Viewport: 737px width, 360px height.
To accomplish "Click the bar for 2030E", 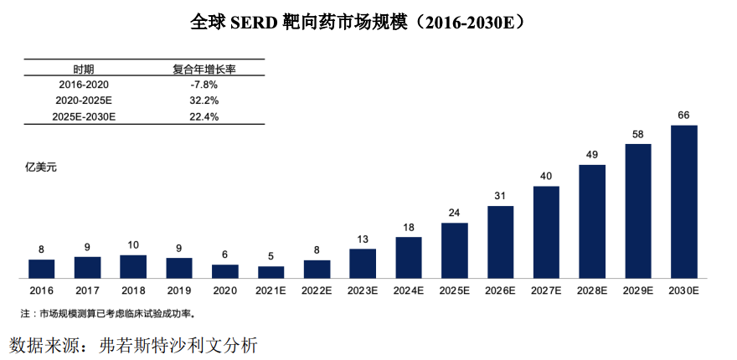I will pos(683,202).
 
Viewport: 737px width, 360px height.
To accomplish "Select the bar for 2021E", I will pos(271,272).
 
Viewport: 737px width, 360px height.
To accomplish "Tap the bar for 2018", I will pos(133,266).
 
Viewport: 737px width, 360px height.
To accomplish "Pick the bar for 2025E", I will pos(454,250).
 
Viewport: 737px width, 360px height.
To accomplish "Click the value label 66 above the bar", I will pos(683,116).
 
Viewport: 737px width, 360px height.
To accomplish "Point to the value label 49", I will pos(591,154).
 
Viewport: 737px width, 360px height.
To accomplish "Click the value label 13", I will pos(363,239).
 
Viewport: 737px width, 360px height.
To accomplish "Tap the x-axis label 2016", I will pos(41,291).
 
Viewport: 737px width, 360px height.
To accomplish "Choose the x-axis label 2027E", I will pos(546,291).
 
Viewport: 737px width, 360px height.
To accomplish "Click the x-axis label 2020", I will pos(224,291).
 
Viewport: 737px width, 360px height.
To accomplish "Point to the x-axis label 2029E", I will pos(638,291).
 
